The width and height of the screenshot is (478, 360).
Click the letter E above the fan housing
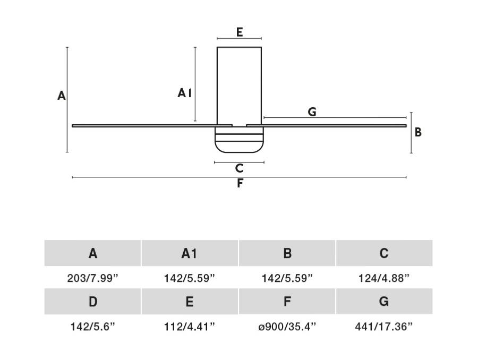(240, 32)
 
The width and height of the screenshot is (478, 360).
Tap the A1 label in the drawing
(184, 93)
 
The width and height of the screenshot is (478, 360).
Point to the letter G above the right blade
(312, 112)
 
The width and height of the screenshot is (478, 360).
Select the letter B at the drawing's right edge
(418, 132)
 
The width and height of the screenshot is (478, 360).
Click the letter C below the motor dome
(240, 168)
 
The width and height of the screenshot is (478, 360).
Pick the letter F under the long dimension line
(240, 183)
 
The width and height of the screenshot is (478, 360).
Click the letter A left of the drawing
(62, 96)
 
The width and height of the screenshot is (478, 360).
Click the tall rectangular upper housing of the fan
(240, 86)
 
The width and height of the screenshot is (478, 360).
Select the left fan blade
(152, 126)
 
